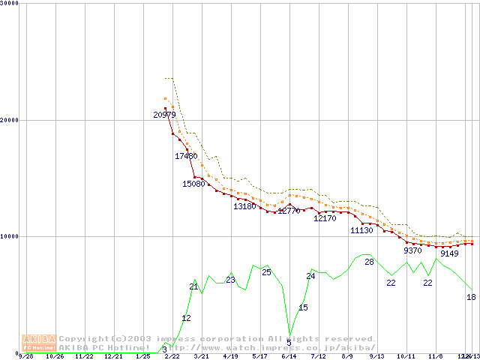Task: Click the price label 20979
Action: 164,115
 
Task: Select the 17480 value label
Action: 186,156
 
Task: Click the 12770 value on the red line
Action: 289,211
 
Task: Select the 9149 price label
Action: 449,253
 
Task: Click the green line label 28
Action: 369,262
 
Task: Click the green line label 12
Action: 186,318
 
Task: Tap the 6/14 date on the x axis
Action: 289,356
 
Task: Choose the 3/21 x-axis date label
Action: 201,356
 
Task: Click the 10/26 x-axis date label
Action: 55,356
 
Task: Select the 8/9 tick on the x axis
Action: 347,356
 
